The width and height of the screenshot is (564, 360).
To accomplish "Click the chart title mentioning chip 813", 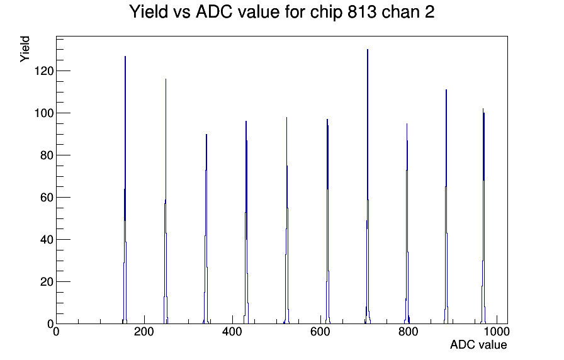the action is pos(281,12).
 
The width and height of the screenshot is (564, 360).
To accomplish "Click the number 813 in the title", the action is pos(361,12).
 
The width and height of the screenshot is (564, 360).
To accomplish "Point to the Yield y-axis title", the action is pos(25,49).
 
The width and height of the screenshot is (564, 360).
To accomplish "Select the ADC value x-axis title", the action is pos(478,344).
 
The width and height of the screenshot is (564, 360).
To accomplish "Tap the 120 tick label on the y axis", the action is pos(44,71).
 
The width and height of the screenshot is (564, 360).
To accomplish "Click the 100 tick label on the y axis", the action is pos(44,113).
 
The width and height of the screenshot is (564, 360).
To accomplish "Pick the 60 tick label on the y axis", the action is pos(47,198).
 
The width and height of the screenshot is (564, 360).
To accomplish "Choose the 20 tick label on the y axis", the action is pos(47,281).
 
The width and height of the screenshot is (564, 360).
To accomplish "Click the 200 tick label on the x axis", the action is pos(144,331).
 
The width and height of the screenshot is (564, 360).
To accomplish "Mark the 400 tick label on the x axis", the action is pos(232,331).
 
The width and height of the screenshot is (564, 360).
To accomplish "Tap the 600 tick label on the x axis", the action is pos(320,331).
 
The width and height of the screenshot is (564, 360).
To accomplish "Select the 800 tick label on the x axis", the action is pos(409,331).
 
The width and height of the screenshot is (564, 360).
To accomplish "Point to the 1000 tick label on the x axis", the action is pos(497,331).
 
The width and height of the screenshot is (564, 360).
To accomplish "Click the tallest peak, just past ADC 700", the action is pos(368,187).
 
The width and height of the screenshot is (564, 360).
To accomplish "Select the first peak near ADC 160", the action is pos(125,191).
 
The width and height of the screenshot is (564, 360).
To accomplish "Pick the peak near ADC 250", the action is pos(166,201).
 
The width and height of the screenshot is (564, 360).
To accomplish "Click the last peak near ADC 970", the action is pos(483,216).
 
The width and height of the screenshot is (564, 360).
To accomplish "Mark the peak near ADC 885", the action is pos(446,207).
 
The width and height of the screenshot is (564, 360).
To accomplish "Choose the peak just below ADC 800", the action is pos(407,223).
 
